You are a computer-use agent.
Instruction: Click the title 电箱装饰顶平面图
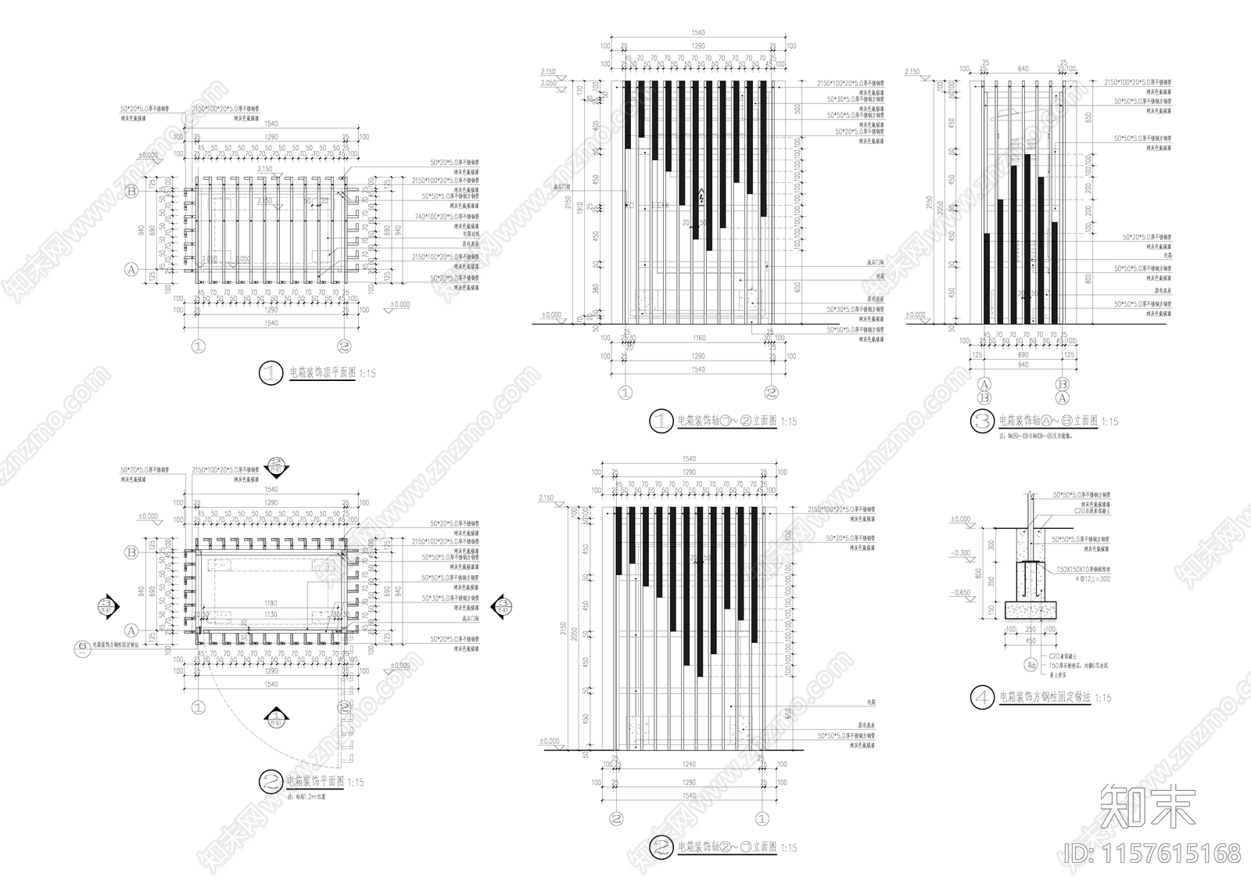click(322, 373)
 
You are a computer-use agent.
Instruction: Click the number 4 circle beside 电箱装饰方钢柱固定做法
click(982, 697)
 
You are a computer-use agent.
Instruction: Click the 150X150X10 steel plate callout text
click(1084, 570)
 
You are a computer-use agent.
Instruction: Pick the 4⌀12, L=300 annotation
click(1077, 579)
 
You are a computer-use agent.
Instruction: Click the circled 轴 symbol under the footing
click(1031, 664)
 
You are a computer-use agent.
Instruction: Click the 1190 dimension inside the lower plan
click(271, 603)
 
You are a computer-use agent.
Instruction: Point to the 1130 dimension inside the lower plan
click(271, 614)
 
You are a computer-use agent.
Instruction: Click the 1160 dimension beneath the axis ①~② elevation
click(698, 338)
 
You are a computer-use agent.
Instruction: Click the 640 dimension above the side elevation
click(1023, 68)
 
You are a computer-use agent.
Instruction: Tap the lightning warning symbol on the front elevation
click(702, 197)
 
